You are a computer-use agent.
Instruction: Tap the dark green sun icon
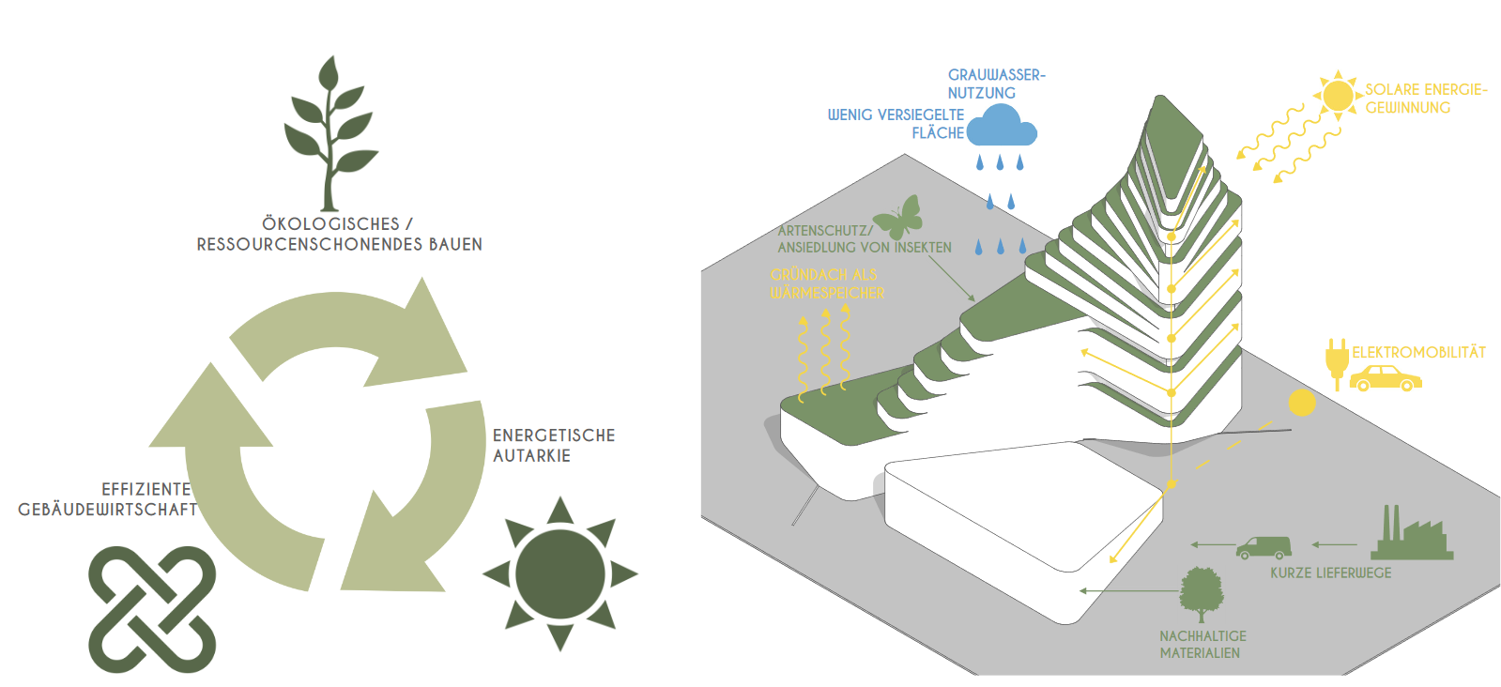click(560, 573)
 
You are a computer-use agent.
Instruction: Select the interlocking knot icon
click(152, 609)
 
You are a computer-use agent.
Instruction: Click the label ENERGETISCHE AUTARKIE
click(554, 446)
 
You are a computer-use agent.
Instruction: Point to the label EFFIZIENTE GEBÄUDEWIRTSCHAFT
click(108, 499)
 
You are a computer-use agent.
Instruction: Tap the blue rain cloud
click(1002, 126)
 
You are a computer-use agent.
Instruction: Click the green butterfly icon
click(899, 218)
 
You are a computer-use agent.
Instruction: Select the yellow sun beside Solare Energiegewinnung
click(1338, 95)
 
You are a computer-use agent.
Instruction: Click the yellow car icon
click(1386, 378)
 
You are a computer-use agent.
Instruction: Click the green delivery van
click(1264, 547)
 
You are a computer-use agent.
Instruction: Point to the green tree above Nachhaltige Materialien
click(1202, 594)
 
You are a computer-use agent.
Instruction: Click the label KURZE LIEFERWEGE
click(1330, 573)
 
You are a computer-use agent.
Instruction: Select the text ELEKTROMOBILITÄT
click(1418, 353)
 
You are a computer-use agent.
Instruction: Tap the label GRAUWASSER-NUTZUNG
click(995, 84)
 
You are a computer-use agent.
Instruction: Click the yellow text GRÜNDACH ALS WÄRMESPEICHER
click(826, 283)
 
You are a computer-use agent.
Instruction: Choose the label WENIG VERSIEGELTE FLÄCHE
click(896, 124)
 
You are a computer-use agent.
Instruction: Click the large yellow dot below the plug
click(1302, 403)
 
